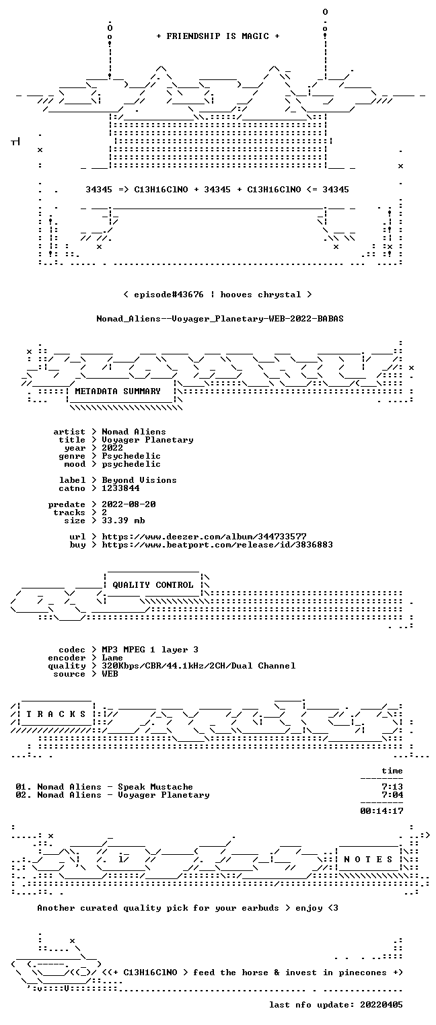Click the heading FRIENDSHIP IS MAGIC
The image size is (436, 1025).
217,36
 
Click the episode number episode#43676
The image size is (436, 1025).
168,295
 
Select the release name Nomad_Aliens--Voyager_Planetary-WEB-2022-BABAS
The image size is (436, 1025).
220,319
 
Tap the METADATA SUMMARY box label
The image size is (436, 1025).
118,391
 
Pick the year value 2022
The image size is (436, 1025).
112,448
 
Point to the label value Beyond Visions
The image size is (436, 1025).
139,480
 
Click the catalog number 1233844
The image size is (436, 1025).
120,488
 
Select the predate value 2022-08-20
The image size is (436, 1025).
129,504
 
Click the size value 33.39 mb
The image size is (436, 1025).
123,521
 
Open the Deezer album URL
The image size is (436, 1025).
205,536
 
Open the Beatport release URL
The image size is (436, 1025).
217,545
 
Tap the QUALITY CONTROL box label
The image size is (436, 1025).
153,584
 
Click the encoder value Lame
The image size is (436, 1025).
112,658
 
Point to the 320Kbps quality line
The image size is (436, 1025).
198,666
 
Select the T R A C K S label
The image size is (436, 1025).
56,714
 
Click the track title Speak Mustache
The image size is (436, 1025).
155,787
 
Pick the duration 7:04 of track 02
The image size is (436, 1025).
392,795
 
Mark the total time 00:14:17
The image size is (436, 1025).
381,811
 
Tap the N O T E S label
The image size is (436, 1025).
368,860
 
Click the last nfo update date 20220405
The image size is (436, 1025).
381,1005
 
